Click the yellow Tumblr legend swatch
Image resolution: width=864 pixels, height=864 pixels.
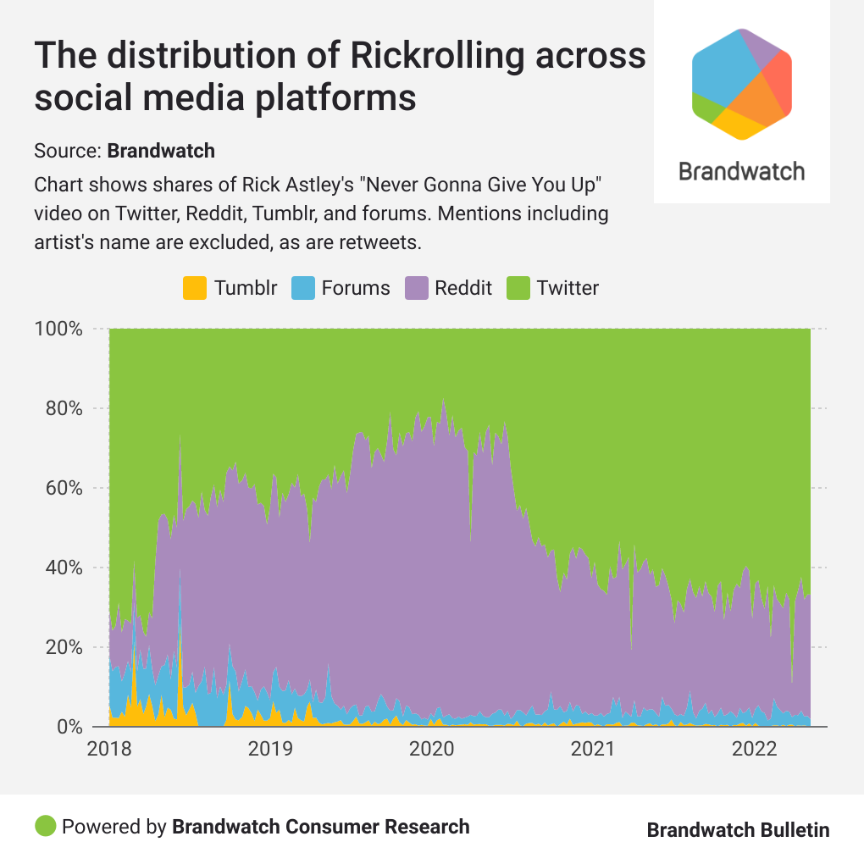(x=195, y=288)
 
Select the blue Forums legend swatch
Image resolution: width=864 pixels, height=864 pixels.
(x=302, y=288)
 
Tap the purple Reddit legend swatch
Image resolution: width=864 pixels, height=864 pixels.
(x=416, y=288)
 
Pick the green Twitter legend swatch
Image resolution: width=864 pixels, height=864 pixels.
(x=518, y=288)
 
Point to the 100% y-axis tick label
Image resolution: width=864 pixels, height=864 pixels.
(x=58, y=329)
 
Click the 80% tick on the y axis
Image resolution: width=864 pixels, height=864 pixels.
(x=63, y=408)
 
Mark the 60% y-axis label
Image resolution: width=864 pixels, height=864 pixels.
(x=63, y=488)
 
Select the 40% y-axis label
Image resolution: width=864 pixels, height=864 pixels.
(x=63, y=568)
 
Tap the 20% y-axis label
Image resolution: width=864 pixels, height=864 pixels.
(x=63, y=647)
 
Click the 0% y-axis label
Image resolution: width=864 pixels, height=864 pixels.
(x=68, y=727)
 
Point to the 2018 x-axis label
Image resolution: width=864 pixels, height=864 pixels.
(x=109, y=749)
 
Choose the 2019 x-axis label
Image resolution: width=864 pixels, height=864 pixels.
(x=270, y=749)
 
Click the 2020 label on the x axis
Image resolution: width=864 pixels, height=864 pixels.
(x=431, y=749)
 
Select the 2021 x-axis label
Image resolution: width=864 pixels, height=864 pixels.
(x=592, y=749)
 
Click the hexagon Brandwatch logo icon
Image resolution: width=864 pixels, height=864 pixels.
(x=742, y=84)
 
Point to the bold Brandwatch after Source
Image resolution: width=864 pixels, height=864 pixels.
(x=161, y=152)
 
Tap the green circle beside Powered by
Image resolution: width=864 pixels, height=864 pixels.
(x=46, y=826)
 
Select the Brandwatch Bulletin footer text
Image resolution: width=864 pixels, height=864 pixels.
(x=738, y=830)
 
